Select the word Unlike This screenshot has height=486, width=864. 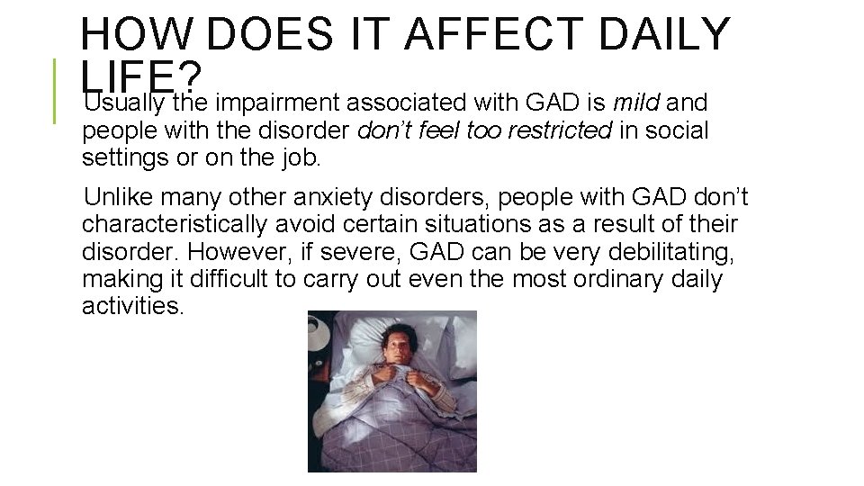[110, 197]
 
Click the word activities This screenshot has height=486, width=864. [132, 307]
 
